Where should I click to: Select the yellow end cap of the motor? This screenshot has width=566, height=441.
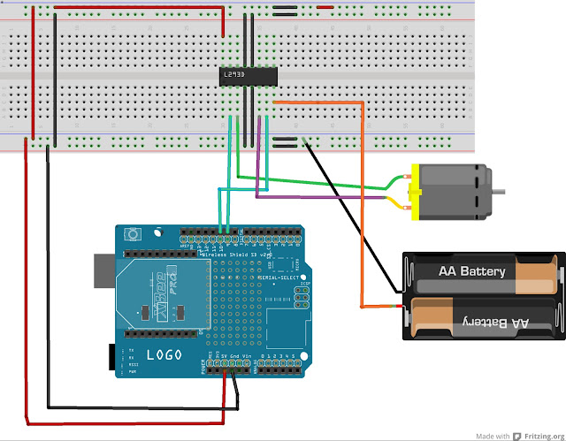click(413, 192)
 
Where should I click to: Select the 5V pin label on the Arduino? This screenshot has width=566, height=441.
click(224, 359)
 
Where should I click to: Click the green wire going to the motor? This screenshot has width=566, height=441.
click(336, 185)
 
